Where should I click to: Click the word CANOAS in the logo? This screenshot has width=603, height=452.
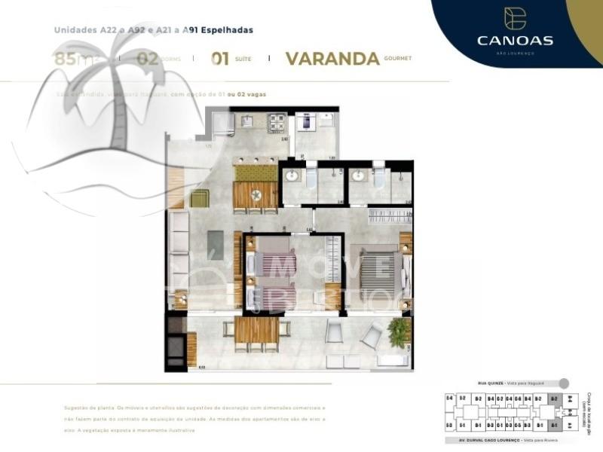pos(516,40)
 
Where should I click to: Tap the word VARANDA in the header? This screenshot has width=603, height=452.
pos(332,59)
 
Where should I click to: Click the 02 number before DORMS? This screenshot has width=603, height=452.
pos(148,58)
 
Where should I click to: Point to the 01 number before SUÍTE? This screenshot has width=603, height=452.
pos(220,59)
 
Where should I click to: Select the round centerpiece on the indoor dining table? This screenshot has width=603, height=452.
pos(256,195)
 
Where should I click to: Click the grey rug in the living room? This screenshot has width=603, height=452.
pos(216,244)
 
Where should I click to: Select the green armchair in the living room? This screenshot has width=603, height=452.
pos(200,198)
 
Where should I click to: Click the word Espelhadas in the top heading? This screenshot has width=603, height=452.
pos(225,30)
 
